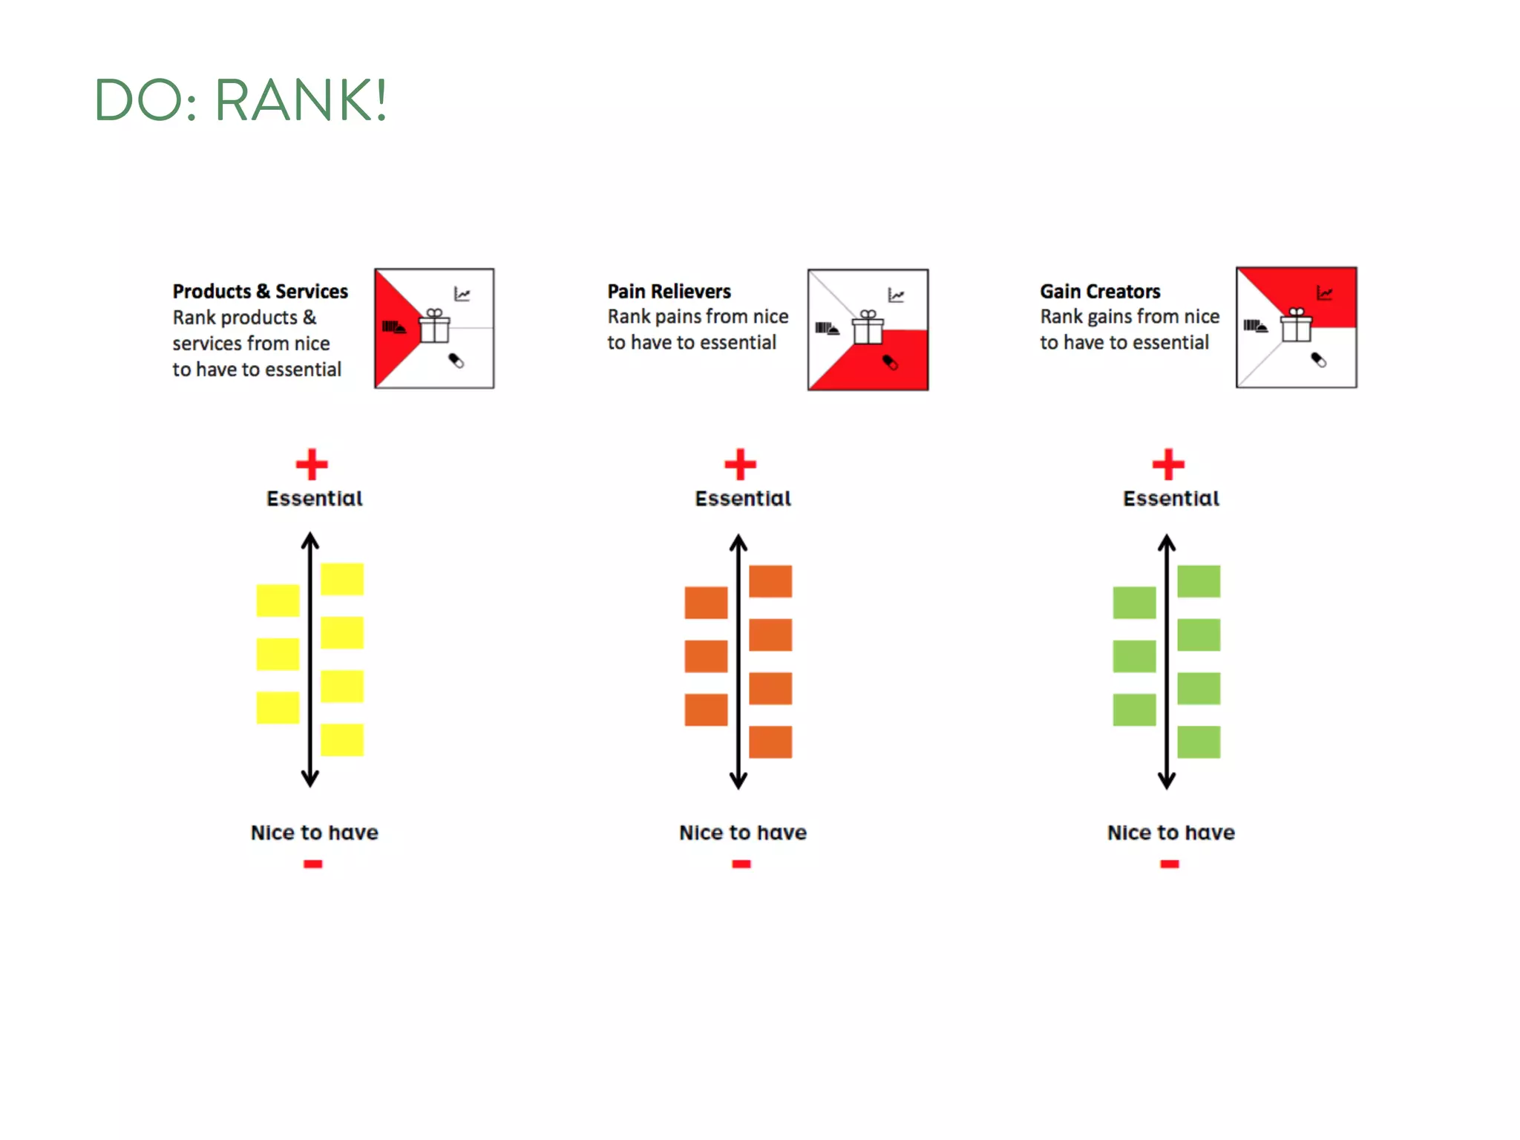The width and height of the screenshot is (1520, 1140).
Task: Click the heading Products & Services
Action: tap(260, 291)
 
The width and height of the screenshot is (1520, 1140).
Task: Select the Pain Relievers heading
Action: tap(669, 291)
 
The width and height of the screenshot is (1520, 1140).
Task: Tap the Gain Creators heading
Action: tap(1099, 291)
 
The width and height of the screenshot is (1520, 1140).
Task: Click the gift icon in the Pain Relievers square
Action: tap(868, 327)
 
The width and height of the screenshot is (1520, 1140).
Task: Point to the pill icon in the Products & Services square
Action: tap(456, 361)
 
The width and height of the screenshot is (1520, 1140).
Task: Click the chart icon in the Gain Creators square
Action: tap(1324, 293)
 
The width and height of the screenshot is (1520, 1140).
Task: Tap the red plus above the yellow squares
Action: tap(312, 465)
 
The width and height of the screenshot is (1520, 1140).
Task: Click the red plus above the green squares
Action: tap(1168, 465)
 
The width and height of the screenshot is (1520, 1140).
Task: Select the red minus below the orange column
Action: tap(741, 864)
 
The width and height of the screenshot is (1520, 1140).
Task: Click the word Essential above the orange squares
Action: tap(743, 499)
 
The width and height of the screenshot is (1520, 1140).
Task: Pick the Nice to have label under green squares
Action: tap(1170, 833)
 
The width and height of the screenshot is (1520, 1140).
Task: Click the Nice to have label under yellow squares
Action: tap(315, 833)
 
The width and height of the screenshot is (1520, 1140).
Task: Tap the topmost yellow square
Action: tap(342, 579)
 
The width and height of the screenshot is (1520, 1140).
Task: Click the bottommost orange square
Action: tap(770, 742)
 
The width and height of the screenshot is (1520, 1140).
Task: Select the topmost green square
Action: tap(1199, 581)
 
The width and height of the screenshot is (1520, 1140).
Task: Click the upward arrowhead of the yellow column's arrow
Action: tap(310, 540)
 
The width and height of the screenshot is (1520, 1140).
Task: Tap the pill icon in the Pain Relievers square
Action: tap(889, 362)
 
